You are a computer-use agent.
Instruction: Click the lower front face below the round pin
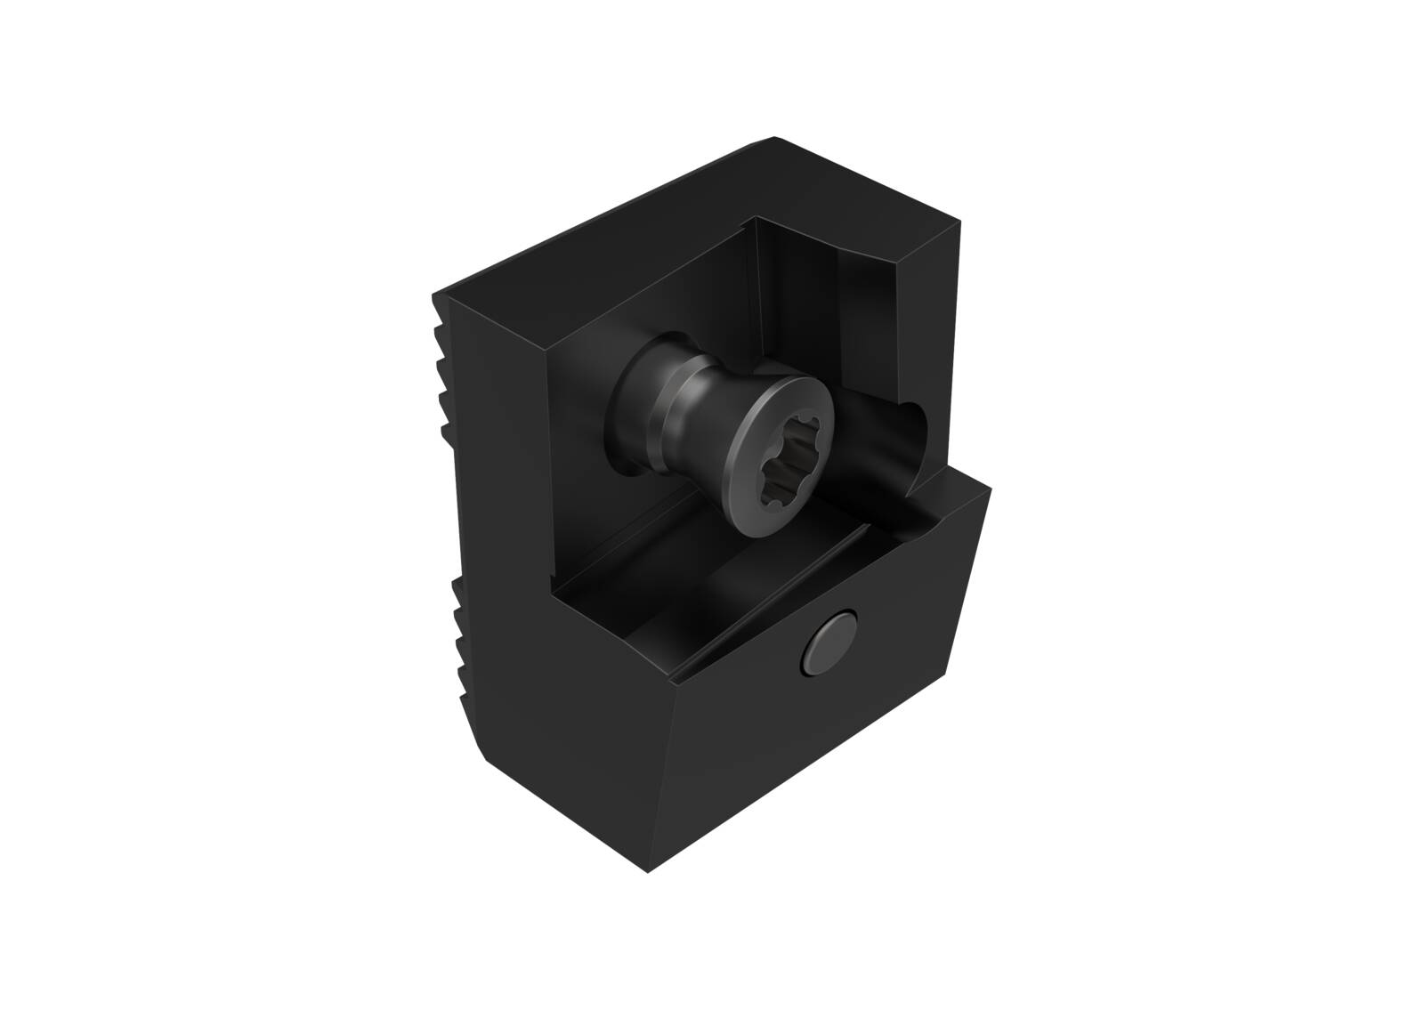tap(801, 765)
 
